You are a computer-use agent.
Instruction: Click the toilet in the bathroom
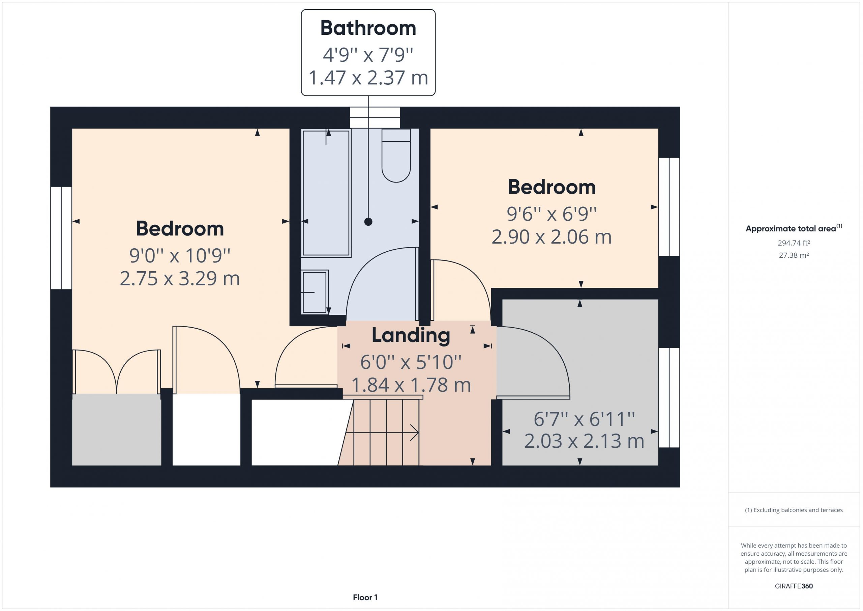[396, 156]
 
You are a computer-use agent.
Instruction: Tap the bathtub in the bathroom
[326, 193]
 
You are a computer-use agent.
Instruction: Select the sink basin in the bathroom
[315, 292]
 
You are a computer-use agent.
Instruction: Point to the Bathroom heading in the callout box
[368, 28]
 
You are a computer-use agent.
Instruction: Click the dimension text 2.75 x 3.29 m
[180, 279]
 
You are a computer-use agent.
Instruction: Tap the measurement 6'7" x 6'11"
[584, 419]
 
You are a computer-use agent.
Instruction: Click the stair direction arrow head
[415, 433]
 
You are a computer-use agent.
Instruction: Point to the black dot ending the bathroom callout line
[368, 222]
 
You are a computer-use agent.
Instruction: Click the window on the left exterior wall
[61, 238]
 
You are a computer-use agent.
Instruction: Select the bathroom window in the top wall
[375, 117]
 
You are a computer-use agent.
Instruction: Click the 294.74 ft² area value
[794, 243]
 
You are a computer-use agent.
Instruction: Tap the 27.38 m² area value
[794, 255]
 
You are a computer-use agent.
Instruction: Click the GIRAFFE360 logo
[794, 586]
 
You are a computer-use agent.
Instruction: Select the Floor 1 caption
[365, 598]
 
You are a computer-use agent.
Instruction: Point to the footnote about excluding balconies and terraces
[794, 510]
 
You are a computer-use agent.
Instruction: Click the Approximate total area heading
[794, 228]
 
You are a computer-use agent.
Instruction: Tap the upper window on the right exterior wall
[669, 206]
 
